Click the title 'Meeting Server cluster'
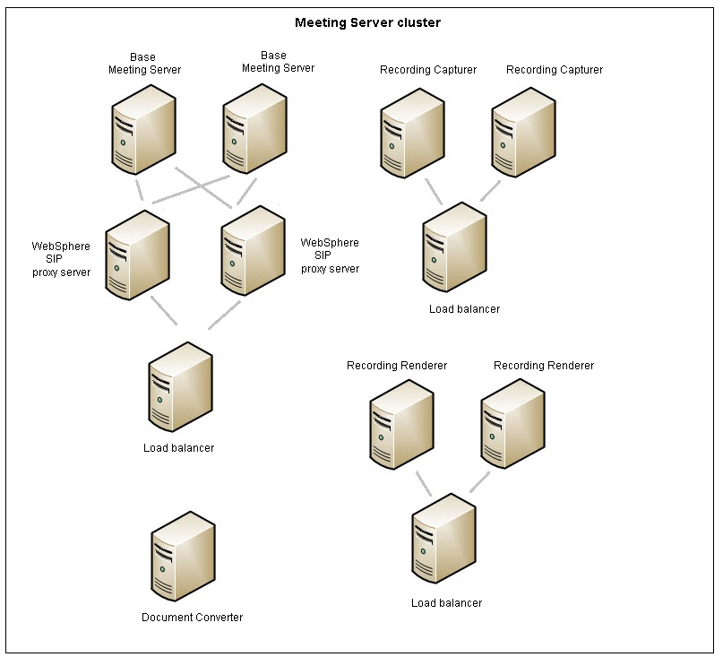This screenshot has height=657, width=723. tap(367, 22)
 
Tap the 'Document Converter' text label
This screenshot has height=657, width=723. tap(192, 617)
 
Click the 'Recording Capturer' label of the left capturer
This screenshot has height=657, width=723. tap(428, 70)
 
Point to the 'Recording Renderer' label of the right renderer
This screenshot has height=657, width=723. tap(543, 366)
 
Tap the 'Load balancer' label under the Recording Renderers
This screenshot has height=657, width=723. tap(446, 603)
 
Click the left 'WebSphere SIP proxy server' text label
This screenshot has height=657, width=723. tap(61, 258)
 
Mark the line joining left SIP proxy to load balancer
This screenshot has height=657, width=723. tap(162, 310)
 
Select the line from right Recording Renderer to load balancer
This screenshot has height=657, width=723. tap(479, 481)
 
